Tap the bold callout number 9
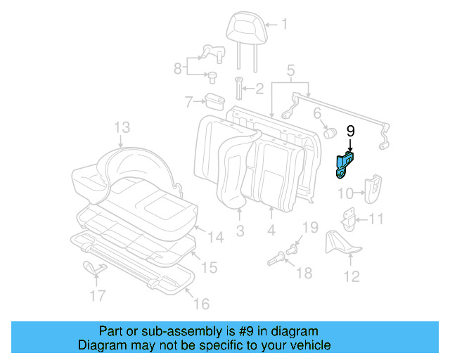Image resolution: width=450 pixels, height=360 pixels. [x=351, y=131]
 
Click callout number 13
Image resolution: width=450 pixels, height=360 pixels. [x=122, y=127]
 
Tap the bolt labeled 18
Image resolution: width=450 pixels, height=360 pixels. [x=279, y=261]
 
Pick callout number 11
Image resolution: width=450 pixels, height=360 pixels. [x=377, y=219]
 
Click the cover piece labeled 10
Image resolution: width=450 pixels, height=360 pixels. [x=371, y=186]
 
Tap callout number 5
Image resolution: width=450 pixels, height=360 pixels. [x=290, y=70]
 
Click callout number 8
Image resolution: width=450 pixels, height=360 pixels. [x=178, y=67]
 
